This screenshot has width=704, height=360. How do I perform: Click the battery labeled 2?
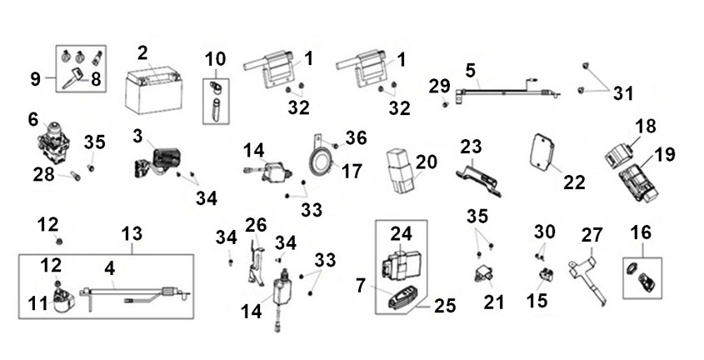153,91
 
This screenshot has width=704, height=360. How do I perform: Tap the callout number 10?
216,59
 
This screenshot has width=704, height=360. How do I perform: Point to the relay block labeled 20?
400,171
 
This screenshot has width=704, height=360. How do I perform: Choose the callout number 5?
470,71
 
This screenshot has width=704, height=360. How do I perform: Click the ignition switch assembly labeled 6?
53,142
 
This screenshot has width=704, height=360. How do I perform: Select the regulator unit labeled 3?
157,162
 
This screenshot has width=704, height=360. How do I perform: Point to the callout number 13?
132,234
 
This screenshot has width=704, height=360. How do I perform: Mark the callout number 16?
641,232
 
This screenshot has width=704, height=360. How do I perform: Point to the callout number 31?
623,93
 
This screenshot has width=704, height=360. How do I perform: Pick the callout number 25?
445,306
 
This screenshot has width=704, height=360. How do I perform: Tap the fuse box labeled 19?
639,182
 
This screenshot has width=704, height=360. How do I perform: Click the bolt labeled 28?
76,177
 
